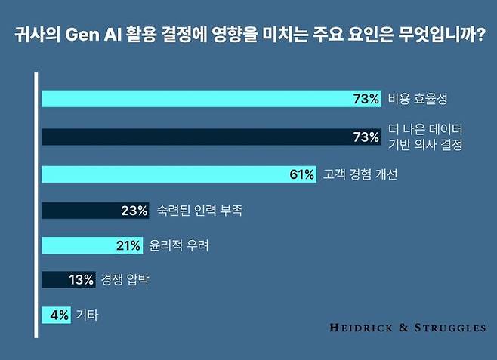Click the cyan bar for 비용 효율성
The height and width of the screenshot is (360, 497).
[x=211, y=99]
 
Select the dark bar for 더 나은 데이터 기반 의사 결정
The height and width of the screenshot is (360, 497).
[x=211, y=137]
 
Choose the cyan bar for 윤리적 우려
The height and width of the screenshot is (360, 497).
[x=91, y=245]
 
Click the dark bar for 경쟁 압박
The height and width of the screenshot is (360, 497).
[x=68, y=280]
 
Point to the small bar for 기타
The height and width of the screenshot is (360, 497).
[x=57, y=315]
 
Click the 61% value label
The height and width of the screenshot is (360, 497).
[x=301, y=174]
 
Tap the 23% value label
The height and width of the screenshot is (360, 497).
[x=134, y=211]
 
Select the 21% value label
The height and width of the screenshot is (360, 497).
[x=128, y=245]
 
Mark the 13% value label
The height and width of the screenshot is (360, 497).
[x=81, y=280]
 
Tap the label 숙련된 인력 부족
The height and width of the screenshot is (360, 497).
[x=199, y=211]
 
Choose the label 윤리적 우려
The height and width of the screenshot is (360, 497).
[x=181, y=245]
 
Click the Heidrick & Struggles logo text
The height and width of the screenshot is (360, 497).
[x=408, y=328]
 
